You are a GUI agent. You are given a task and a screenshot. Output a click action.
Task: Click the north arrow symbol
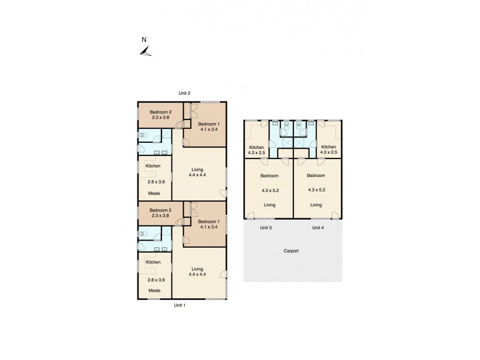tap(145, 52)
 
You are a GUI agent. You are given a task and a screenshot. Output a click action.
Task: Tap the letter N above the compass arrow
tap(143, 40)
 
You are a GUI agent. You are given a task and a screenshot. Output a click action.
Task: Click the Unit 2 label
tap(184, 93)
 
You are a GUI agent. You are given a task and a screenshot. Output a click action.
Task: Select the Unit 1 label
tap(179, 305)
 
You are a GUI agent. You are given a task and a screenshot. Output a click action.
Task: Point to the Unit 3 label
tap(266, 228)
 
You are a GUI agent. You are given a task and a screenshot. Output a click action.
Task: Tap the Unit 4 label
tap(318, 228)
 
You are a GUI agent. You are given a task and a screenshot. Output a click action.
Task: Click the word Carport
tap(292, 251)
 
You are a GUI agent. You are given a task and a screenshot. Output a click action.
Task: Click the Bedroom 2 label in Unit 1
tap(161, 210)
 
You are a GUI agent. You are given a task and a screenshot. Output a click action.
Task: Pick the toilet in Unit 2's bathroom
tap(142, 136)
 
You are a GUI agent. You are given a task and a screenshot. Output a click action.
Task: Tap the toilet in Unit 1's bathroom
tap(142, 234)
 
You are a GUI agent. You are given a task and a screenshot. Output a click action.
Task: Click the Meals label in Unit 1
tap(154, 290)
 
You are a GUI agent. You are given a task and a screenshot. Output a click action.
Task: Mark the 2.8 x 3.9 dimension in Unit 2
tap(155, 181)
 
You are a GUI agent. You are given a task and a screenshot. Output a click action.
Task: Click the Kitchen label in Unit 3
tap(256, 147)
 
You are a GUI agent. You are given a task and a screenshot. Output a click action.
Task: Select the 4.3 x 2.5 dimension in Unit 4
tap(329, 152)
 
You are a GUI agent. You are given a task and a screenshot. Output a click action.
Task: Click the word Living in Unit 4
tap(316, 205)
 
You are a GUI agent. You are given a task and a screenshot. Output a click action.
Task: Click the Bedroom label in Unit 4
tap(316, 175)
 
